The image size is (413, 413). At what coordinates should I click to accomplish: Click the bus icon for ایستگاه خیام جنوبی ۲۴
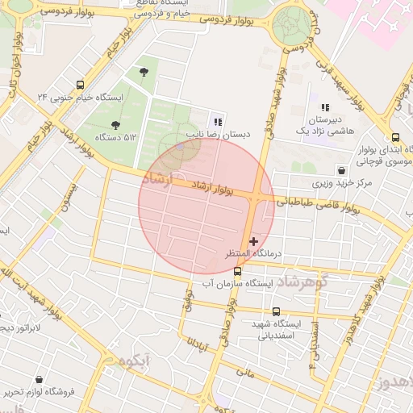click(80, 85)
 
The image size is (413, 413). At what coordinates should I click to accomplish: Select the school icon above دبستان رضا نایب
click(218, 122)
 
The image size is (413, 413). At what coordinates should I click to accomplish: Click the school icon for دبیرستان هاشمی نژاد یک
click(325, 107)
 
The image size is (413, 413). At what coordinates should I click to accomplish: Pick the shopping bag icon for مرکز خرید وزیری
click(342, 170)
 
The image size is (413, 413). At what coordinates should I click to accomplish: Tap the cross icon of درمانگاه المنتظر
click(254, 240)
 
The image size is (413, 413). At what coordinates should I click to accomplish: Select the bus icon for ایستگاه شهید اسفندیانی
click(276, 311)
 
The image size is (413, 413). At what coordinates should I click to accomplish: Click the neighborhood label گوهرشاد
click(299, 282)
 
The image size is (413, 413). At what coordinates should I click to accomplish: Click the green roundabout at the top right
click(290, 23)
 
